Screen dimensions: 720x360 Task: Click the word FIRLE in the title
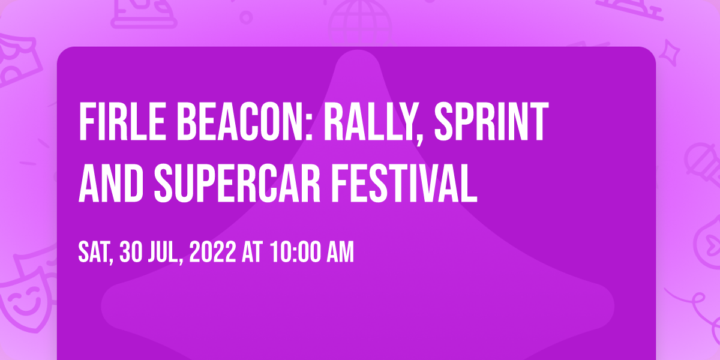[122, 122]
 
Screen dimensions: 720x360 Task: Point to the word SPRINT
[491, 122]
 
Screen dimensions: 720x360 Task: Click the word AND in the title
[111, 183]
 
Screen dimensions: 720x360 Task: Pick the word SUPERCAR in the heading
[237, 183]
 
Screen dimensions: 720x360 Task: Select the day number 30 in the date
[131, 253]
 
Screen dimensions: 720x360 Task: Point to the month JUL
[164, 253]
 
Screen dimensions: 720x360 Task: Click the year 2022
[212, 253]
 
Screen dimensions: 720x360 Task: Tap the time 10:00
[295, 253]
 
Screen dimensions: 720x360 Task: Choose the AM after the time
[340, 253]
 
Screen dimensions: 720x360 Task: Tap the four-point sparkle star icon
[670, 53]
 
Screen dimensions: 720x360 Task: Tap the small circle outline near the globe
[246, 17]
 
